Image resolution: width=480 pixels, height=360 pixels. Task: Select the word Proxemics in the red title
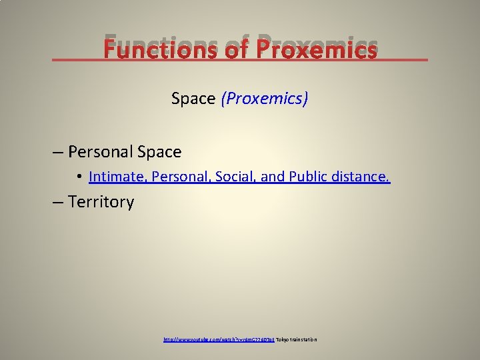point(317,49)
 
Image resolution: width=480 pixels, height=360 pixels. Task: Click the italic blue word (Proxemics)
point(265,99)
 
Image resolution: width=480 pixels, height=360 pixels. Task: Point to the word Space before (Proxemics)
point(193,99)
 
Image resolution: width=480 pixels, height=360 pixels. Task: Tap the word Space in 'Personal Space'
point(159,152)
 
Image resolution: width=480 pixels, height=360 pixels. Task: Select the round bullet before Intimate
point(79,177)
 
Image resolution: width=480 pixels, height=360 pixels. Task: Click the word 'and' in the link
point(273,177)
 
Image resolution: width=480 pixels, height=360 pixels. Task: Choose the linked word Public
point(310,177)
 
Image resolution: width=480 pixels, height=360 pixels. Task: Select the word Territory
point(101,202)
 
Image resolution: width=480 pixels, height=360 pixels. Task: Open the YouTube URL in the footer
point(219,340)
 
